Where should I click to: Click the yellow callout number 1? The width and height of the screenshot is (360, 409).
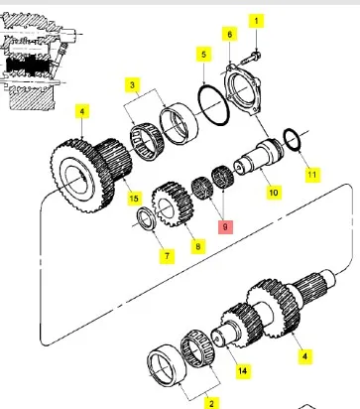point(253,20)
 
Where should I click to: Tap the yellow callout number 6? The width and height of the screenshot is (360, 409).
point(230,35)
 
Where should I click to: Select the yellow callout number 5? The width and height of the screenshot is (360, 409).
point(203,54)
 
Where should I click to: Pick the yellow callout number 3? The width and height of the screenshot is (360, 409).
point(131,86)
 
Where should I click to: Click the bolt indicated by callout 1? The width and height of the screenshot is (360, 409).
point(255,50)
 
